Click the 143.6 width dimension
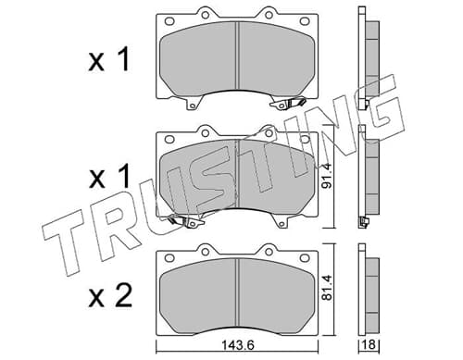(238, 345)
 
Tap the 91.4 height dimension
(328, 176)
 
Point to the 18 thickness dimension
(369, 344)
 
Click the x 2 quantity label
(110, 295)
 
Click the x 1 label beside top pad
(108, 60)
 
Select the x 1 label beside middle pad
(108, 176)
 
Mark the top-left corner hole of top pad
(169, 21)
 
